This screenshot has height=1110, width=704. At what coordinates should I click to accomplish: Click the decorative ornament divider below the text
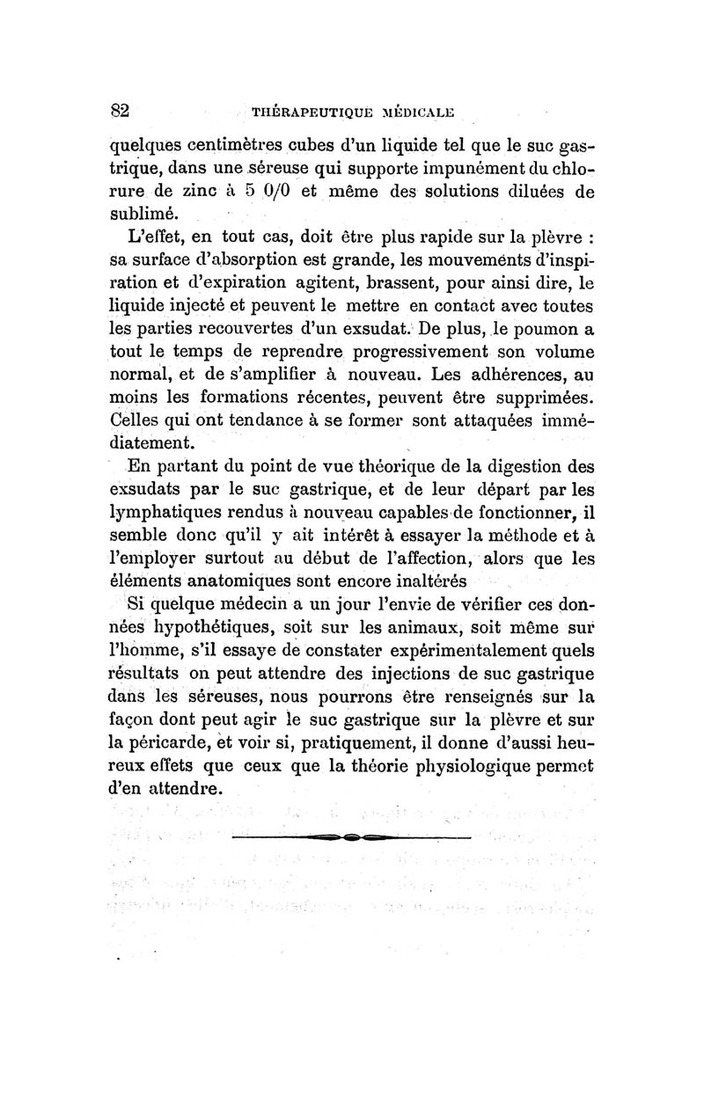[351, 837]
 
